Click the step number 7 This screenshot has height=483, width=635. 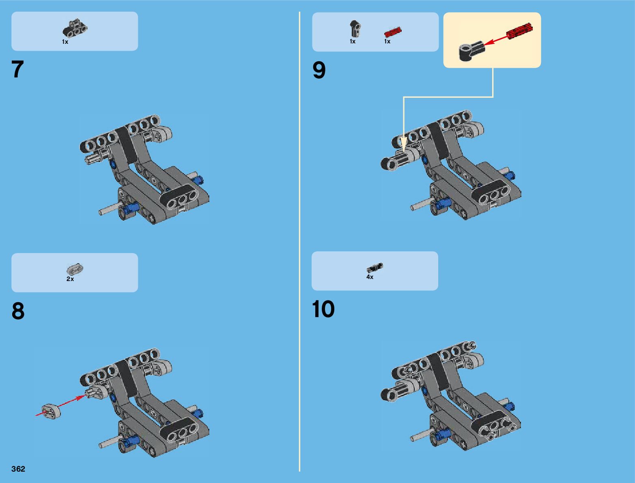(x=18, y=69)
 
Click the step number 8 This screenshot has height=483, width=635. (x=18, y=311)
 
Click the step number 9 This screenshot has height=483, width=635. (x=319, y=70)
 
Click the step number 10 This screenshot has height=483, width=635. (x=323, y=309)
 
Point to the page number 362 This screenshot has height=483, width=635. (x=18, y=469)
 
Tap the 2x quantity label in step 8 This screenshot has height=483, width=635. (x=70, y=279)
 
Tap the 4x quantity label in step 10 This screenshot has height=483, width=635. (x=370, y=277)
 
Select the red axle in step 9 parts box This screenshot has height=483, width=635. (x=392, y=32)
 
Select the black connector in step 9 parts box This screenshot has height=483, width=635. (x=355, y=28)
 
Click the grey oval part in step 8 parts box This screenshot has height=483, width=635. (x=75, y=269)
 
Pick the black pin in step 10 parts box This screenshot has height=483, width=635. (x=375, y=268)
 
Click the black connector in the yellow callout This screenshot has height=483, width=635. (x=471, y=50)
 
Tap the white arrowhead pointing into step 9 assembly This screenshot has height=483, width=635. (x=403, y=144)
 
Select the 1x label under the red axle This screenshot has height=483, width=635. (x=387, y=41)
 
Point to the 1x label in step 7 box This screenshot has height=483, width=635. (x=65, y=42)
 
